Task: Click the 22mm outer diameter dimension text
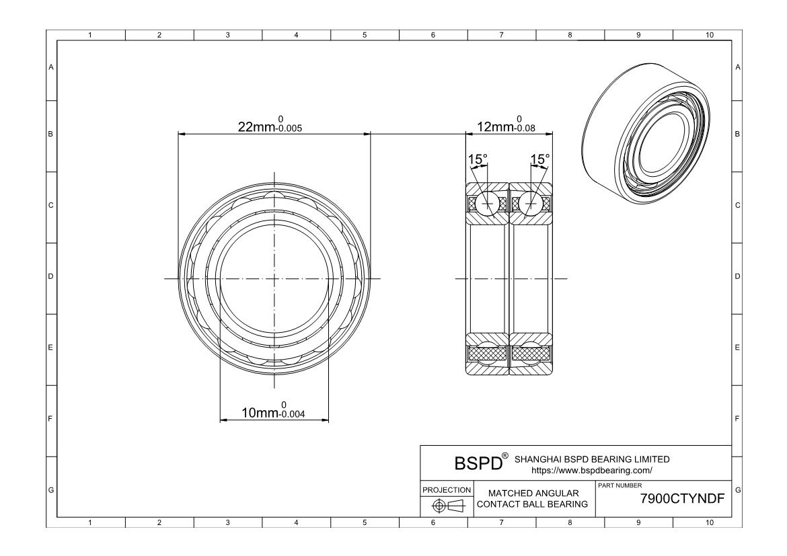(270, 126)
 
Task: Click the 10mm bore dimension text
(273, 411)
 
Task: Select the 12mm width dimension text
(506, 126)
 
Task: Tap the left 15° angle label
(478, 159)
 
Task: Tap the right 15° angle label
(540, 159)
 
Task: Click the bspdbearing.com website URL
(592, 471)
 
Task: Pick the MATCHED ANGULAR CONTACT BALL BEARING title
(533, 499)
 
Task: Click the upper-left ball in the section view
(486, 202)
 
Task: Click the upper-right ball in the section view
(532, 202)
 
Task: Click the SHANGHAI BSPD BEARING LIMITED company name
(592, 459)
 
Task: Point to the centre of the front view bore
(274, 278)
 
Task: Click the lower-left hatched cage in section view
(486, 353)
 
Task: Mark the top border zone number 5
(365, 35)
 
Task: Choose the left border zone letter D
(51, 276)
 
